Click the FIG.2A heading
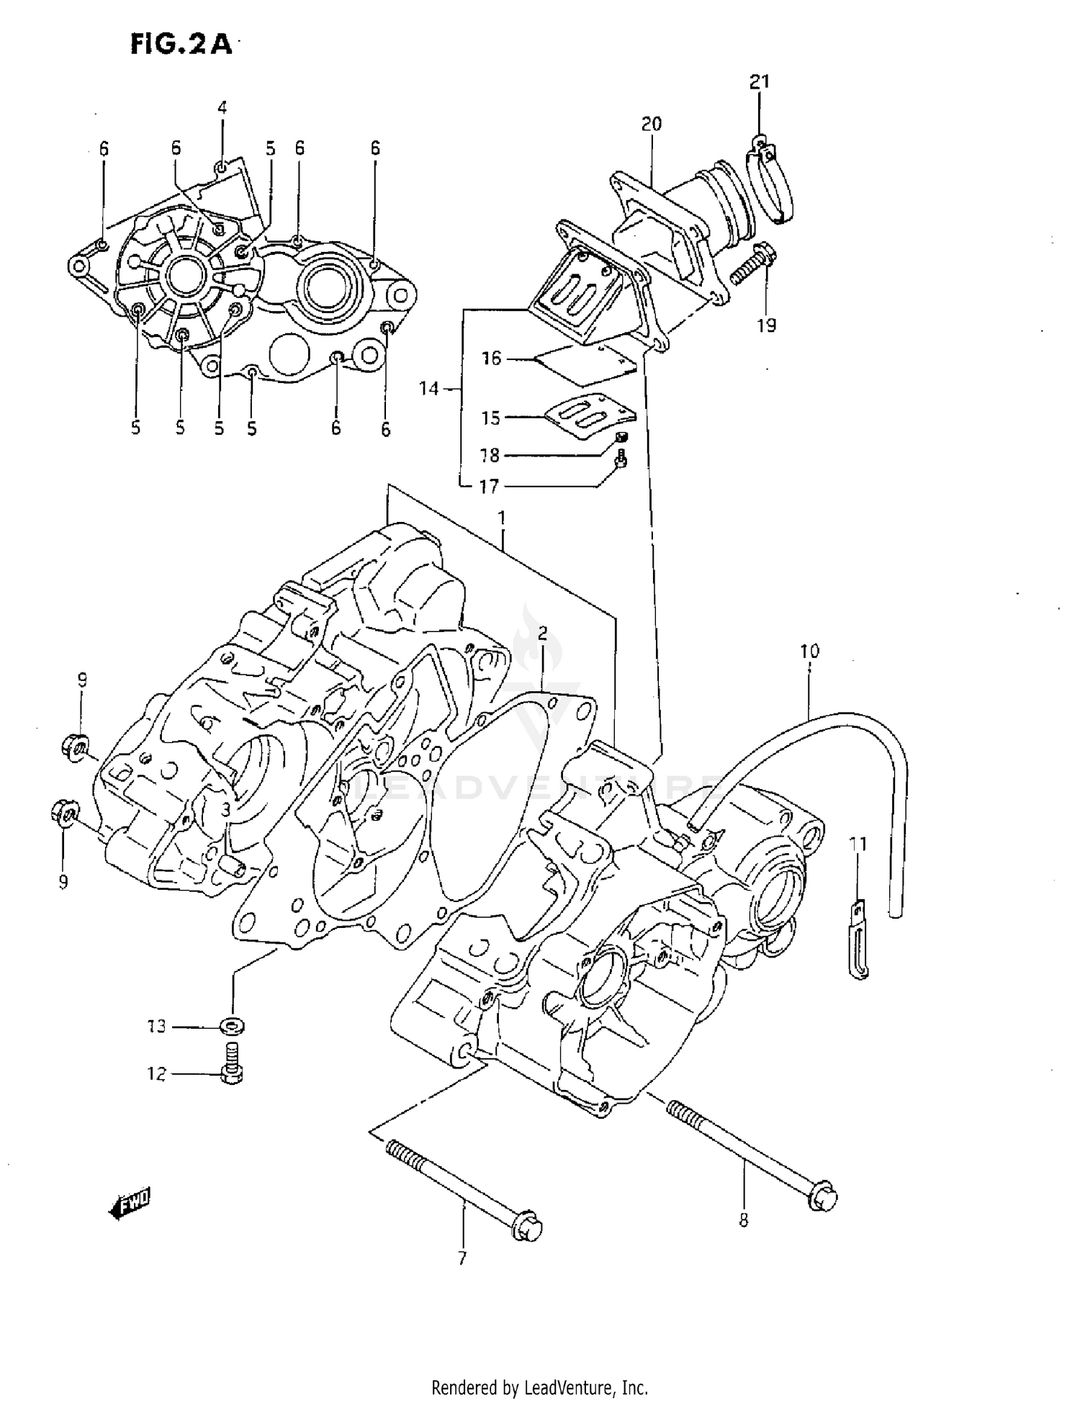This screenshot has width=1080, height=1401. pos(181,44)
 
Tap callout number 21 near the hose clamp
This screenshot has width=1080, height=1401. pos(760,82)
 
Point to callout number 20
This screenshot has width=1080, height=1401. pos(651,124)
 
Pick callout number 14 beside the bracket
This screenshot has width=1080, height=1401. pos(428,389)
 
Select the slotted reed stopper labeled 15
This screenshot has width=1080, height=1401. pos(590,415)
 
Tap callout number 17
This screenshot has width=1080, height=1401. pos(489,487)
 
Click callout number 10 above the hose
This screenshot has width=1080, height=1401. pos(809,651)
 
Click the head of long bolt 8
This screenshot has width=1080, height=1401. pos(823,1197)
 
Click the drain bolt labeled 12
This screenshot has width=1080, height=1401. pos(232,1068)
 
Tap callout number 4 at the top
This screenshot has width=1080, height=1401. pos(222,108)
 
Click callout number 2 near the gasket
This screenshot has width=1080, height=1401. pos(542,634)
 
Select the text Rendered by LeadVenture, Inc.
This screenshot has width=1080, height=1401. pos(539,1387)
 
